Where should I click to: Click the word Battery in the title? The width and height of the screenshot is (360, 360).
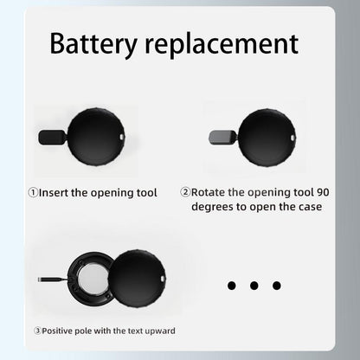[93, 44]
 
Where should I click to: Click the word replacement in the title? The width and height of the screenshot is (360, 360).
[222, 45]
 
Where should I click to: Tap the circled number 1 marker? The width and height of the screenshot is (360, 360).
[33, 192]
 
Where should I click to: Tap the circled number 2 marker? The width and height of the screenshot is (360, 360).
[185, 192]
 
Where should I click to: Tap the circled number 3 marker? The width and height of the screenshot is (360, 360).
[37, 331]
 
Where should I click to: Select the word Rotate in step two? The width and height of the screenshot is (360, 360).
[208, 192]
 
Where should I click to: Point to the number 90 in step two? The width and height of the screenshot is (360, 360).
[323, 192]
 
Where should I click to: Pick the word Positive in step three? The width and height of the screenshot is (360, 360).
[57, 331]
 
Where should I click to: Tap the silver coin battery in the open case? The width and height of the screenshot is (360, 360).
[93, 278]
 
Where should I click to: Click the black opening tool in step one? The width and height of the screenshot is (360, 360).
[52, 137]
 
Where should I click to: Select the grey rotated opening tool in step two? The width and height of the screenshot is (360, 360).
[222, 138]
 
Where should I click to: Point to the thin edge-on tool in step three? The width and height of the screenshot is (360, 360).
[53, 280]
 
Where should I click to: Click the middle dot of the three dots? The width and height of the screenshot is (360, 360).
[254, 286]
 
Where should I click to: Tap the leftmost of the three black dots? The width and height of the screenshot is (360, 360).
[232, 286]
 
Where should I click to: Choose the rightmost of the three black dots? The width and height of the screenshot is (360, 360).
[277, 286]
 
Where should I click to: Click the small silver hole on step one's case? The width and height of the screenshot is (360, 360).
[122, 137]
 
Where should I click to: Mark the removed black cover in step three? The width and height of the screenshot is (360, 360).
[138, 279]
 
